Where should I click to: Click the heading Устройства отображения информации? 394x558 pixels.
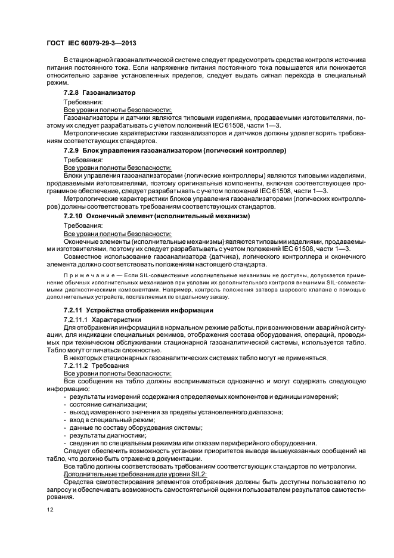[150, 311]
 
